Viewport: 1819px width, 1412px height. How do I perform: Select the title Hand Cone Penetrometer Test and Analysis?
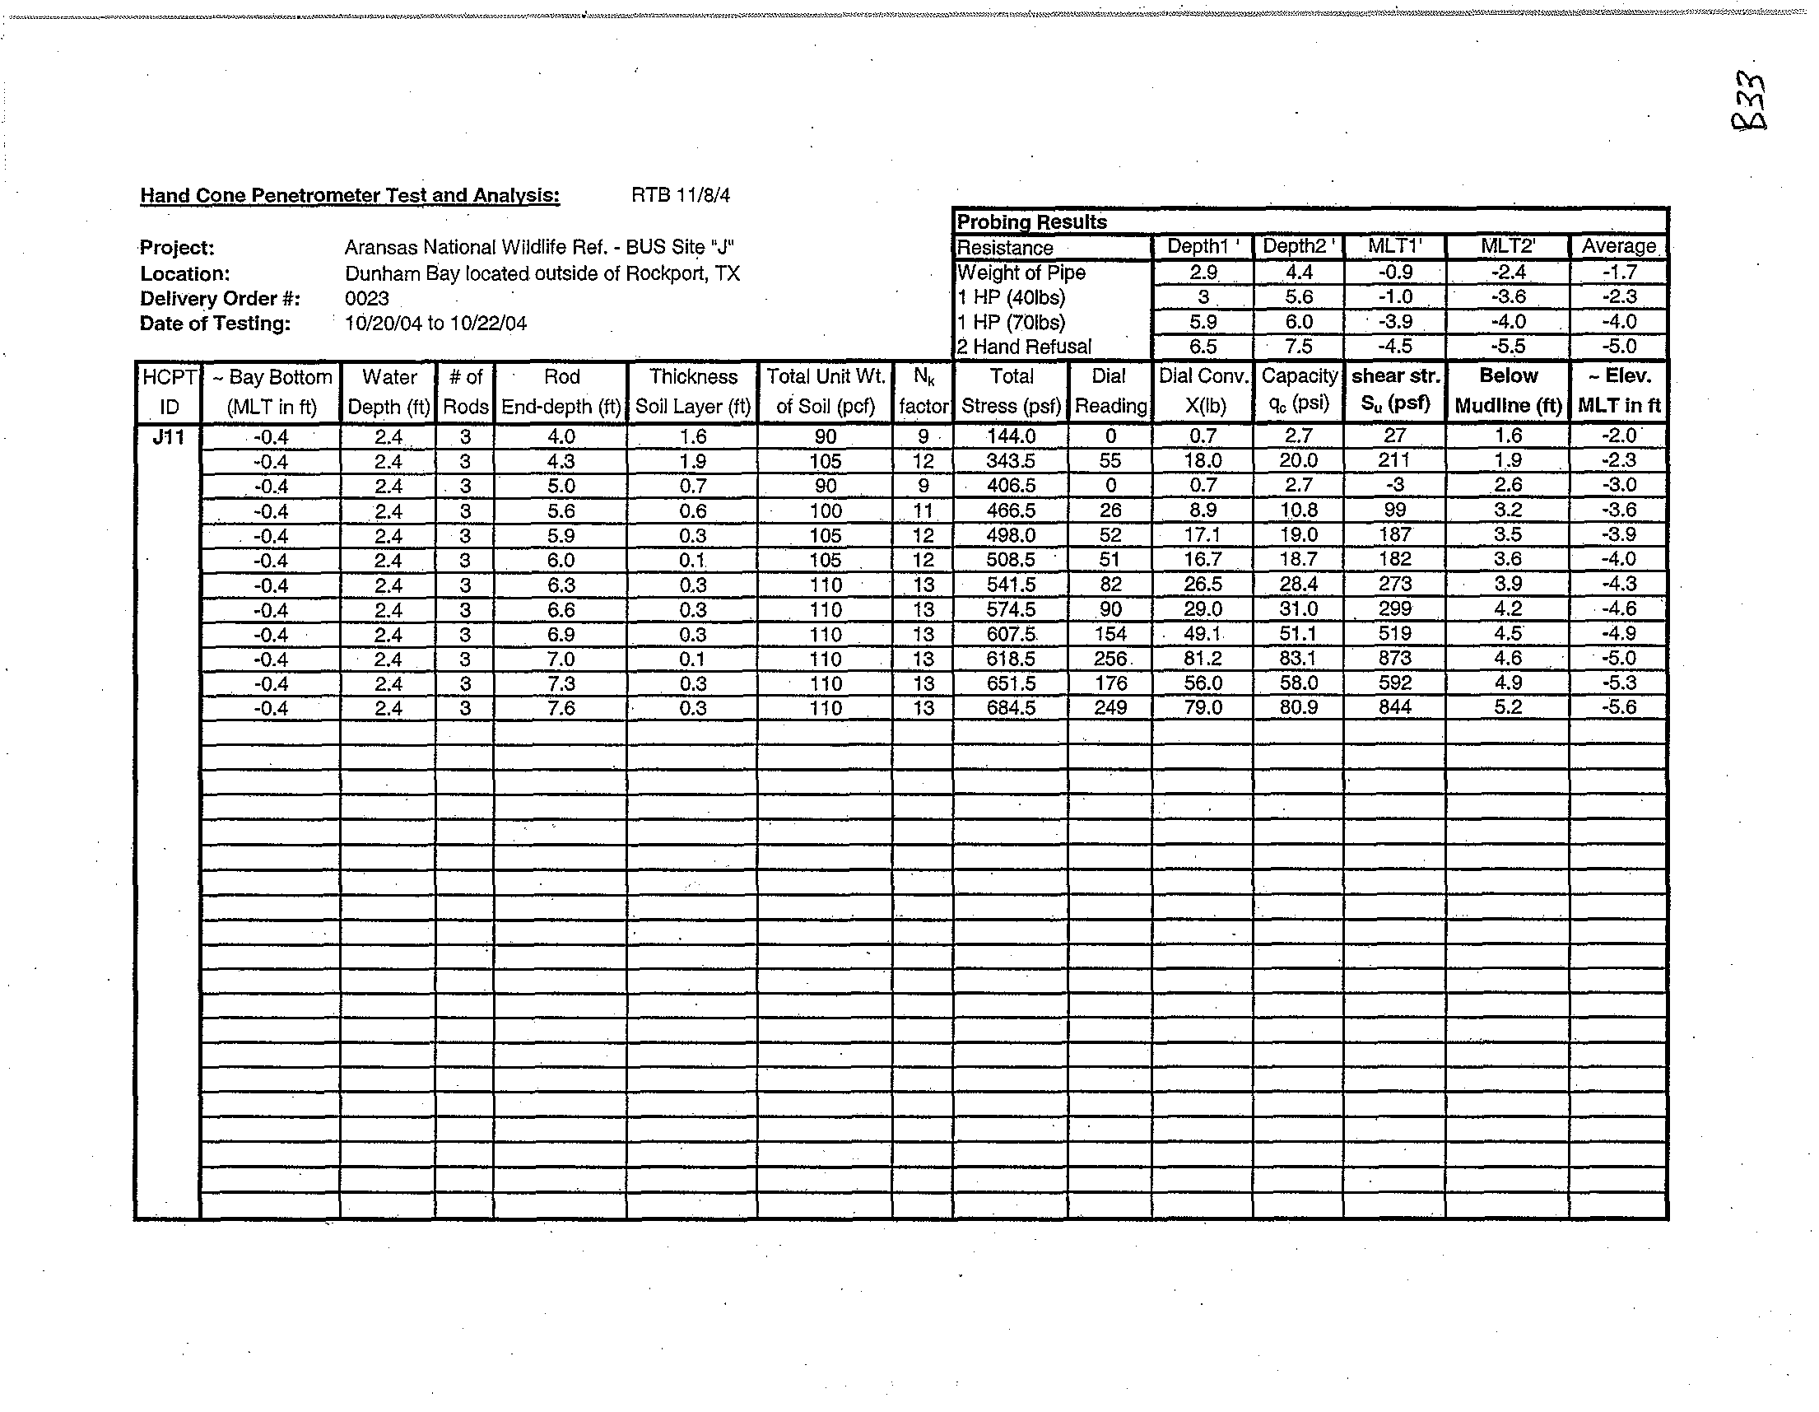350,196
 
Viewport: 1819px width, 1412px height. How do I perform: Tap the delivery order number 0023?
366,298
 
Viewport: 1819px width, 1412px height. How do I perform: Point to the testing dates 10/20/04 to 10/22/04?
435,324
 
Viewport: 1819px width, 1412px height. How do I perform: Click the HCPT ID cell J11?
168,436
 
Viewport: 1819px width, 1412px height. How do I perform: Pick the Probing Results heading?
1031,222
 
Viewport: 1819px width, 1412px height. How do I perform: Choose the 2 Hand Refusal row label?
1024,347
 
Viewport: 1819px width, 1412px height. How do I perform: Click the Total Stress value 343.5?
1010,461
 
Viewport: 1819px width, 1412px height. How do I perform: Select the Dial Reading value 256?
1110,659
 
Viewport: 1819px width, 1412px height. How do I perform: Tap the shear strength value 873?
1394,659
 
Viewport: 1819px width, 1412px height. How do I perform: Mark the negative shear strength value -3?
1394,486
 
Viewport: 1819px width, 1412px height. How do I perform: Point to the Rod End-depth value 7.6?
561,708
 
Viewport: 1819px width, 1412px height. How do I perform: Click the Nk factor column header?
923,392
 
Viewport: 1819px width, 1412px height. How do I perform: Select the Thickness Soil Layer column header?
693,392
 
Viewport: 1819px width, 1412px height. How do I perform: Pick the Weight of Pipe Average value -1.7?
1618,273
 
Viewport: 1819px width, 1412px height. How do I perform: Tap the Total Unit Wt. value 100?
825,510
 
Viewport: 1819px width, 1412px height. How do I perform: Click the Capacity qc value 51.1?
1298,634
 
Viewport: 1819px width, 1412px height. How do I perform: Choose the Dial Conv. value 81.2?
1202,659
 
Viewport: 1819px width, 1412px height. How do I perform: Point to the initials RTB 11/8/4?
681,195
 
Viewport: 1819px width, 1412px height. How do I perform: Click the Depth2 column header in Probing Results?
1298,246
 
